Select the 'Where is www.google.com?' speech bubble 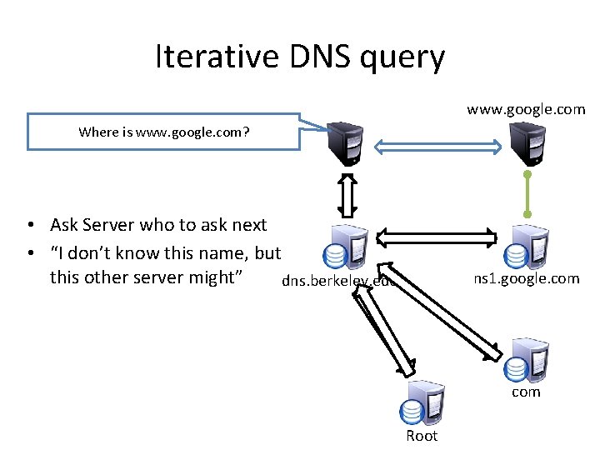click(x=163, y=132)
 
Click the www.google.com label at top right click(x=526, y=109)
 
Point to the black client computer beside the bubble click(x=346, y=144)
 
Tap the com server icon click(x=528, y=359)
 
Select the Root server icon click(x=423, y=404)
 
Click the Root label click(x=422, y=436)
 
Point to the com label click(x=526, y=392)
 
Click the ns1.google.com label click(x=526, y=279)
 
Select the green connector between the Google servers click(x=527, y=195)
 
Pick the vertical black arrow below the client click(x=347, y=197)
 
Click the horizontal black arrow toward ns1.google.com click(x=437, y=237)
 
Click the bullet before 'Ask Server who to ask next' click(x=30, y=225)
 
